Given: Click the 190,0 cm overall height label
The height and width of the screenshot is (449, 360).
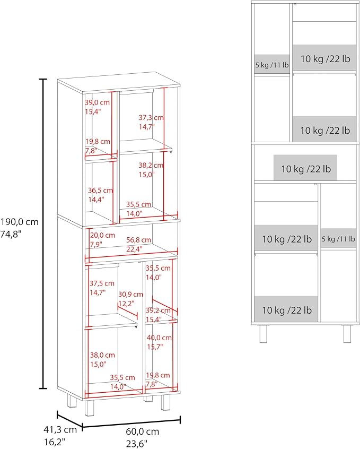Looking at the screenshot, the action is pos(20,222).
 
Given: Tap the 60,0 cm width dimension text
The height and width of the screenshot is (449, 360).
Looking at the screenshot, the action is pos(142,431).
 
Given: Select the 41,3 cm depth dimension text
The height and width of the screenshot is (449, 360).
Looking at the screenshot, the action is pos(60,429).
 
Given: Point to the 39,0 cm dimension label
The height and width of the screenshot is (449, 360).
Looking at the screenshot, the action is pos(98,102).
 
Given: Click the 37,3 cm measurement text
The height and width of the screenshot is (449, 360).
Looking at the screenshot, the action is pos(151,117).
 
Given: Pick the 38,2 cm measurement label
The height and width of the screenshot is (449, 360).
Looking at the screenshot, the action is pos(151,165).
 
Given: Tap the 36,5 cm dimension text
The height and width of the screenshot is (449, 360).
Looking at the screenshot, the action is pos(100,190).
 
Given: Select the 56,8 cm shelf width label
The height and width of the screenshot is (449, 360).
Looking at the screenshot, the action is pos(139,240).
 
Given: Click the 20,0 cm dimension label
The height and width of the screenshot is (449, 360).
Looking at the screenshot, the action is pos(102,236).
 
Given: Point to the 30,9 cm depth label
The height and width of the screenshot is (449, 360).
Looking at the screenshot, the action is pos(130,295).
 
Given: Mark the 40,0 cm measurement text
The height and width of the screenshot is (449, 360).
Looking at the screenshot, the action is pos(160,338).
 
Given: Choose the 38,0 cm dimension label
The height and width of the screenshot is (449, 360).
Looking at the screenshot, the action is pos(102,355).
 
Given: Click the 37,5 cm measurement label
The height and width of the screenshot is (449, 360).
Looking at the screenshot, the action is pos(102,283).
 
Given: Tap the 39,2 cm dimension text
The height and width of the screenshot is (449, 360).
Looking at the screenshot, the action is pos(158,310).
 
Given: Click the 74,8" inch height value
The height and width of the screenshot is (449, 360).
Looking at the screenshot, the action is pos(11,235).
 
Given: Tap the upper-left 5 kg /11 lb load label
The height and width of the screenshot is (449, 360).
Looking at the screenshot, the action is pos(272,65).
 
